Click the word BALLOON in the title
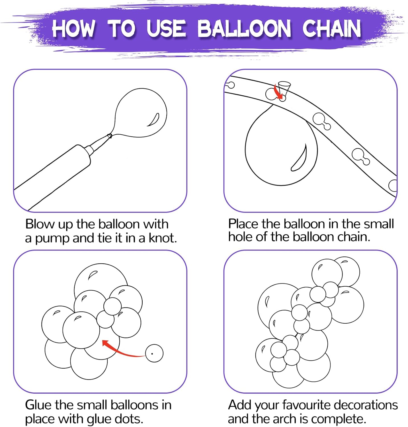244,28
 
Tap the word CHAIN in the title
331,28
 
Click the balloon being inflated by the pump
141,113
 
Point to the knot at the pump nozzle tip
109,136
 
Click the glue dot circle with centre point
154,353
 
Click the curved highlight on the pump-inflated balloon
153,120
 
